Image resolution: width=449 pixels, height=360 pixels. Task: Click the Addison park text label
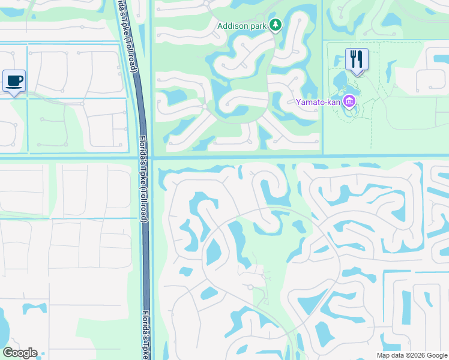click(x=243, y=26)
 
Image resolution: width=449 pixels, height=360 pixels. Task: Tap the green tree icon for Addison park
click(x=275, y=25)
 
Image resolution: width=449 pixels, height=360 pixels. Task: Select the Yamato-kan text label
click(x=318, y=102)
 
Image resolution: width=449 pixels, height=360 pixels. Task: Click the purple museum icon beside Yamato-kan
click(x=349, y=102)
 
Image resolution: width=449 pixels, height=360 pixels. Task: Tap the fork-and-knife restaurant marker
click(x=357, y=60)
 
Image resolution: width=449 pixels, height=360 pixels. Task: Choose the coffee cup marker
click(x=14, y=80)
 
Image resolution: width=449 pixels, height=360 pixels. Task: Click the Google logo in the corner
click(x=20, y=353)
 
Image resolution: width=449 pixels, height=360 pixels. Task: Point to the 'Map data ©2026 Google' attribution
click(x=411, y=355)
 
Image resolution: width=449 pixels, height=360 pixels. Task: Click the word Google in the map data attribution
click(x=435, y=355)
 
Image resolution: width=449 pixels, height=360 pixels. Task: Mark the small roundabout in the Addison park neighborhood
click(x=205, y=107)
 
